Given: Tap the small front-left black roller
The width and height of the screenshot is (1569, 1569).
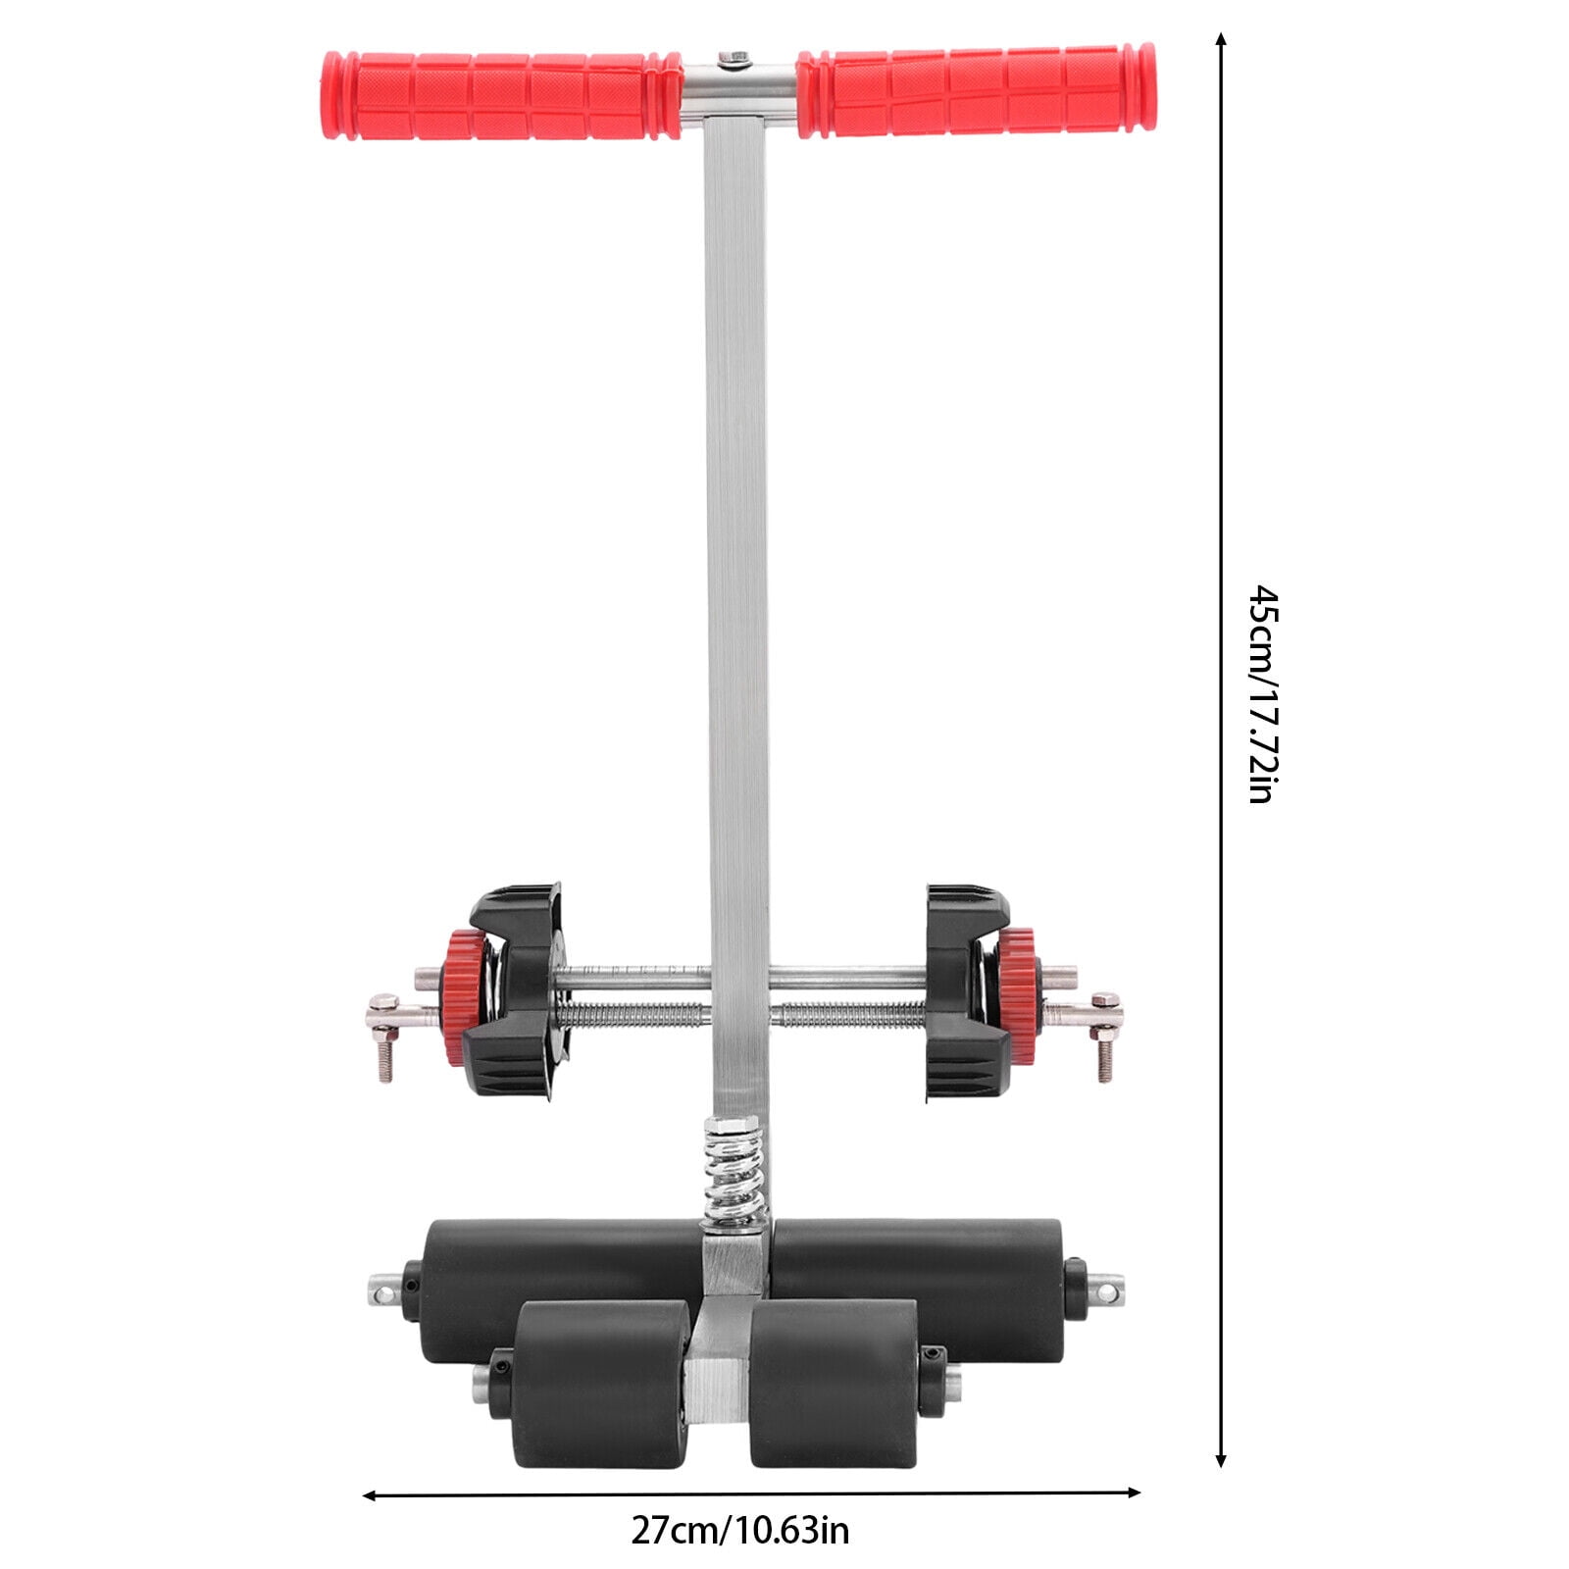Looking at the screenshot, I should (600, 1383).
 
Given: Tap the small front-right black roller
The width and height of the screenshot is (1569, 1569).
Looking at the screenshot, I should (834, 1383).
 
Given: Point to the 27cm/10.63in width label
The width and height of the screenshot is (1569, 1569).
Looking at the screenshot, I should (739, 1530).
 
